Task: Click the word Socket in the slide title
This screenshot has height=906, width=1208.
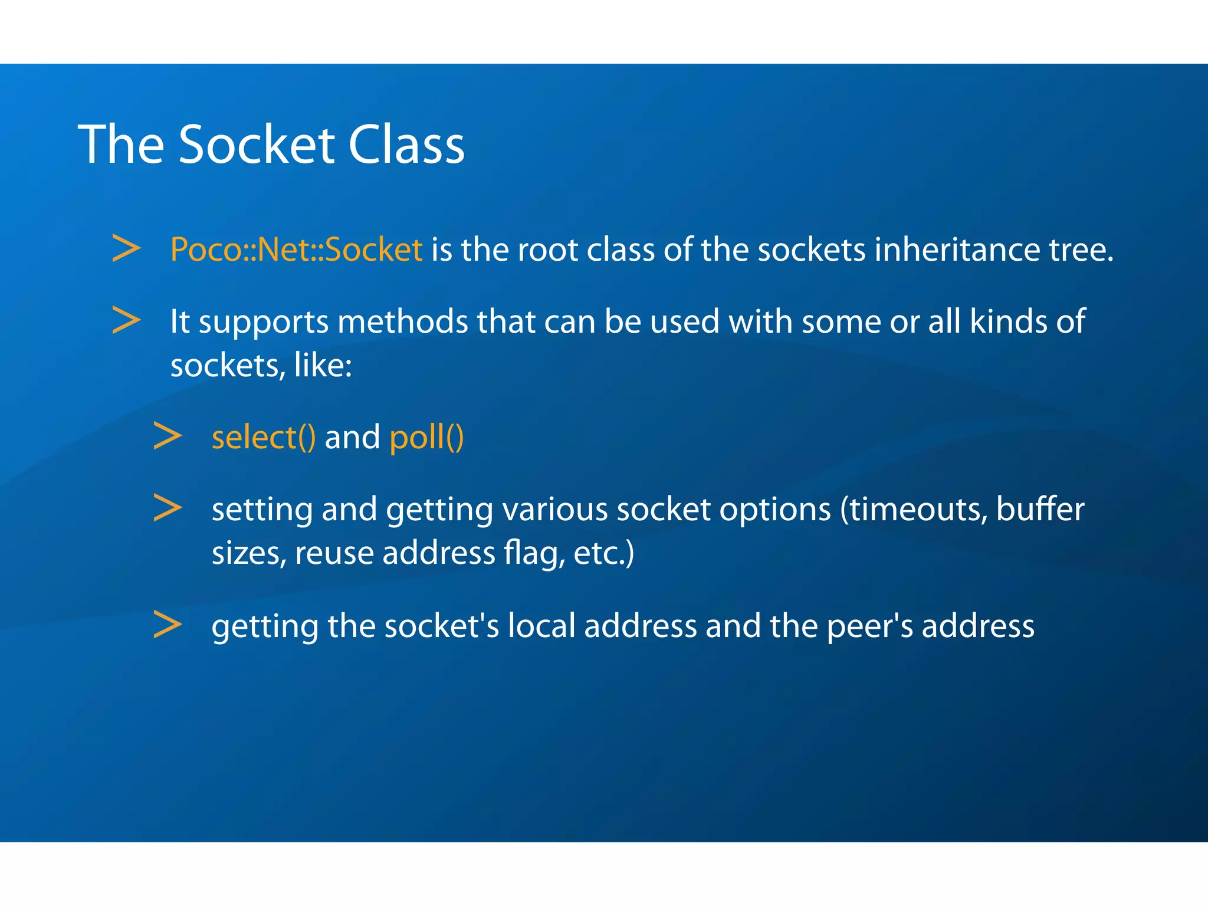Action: click(x=257, y=145)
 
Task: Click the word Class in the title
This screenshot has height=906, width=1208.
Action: click(x=406, y=145)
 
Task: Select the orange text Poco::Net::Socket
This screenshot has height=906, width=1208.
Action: click(x=296, y=250)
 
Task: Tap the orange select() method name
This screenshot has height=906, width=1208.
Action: click(x=264, y=438)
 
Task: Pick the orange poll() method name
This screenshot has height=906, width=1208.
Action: click(x=426, y=438)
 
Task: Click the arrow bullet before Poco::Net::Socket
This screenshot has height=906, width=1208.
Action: click(x=126, y=248)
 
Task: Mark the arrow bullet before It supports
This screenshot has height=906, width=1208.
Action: click(x=126, y=320)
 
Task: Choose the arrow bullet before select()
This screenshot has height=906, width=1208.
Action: click(x=168, y=436)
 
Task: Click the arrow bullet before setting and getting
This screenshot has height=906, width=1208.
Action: click(x=168, y=508)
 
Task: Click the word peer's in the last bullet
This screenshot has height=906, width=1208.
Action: click(x=870, y=626)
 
